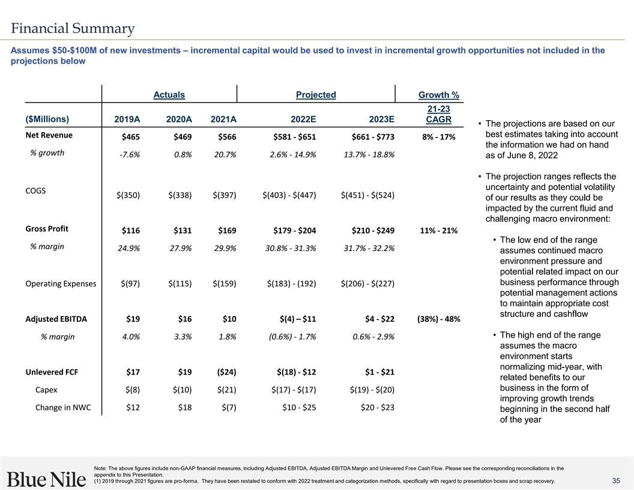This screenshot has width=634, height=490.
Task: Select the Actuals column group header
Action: (169, 94)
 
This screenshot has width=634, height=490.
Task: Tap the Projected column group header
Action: (316, 94)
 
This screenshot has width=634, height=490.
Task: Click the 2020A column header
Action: (178, 119)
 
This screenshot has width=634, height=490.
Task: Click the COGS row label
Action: (36, 190)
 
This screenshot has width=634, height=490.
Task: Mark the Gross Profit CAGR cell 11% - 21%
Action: (438, 231)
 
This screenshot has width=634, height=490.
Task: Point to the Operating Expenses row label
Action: (61, 283)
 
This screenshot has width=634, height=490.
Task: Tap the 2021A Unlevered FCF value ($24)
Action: (224, 372)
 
